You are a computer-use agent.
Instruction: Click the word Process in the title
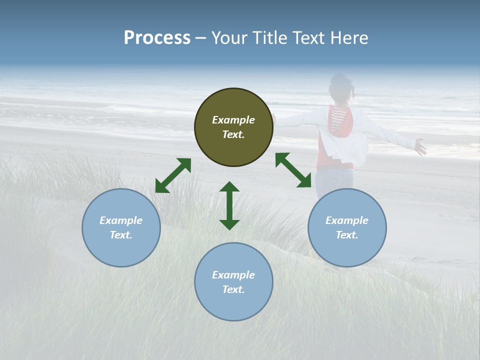point(157,38)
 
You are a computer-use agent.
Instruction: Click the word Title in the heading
point(269,38)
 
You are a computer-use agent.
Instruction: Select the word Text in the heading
point(308,38)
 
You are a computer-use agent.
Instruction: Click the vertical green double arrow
point(229,205)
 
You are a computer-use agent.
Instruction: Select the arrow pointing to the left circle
point(173,175)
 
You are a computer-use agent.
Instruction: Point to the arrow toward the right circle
point(293,170)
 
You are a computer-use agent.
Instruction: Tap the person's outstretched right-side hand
point(420,147)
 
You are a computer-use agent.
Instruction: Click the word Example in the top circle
point(233,120)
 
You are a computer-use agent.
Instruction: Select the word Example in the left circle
point(121,220)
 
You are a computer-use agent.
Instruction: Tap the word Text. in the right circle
point(347,235)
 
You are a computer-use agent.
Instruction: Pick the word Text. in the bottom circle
point(233,289)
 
